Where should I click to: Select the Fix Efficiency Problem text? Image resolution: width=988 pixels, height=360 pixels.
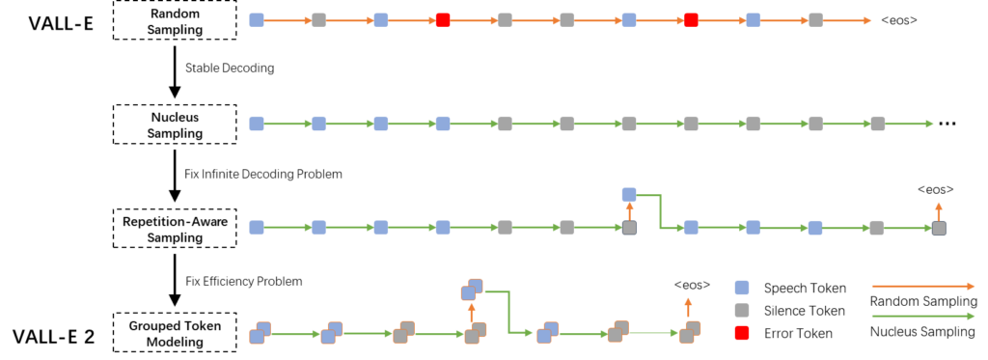pos(243,281)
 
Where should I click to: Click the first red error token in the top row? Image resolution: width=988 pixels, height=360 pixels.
pos(443,19)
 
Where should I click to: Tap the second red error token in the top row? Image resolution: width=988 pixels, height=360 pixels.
pos(691,19)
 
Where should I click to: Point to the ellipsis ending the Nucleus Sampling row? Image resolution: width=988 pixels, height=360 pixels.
pos(946,125)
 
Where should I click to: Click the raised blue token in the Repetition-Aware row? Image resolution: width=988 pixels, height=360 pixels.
pos(629,195)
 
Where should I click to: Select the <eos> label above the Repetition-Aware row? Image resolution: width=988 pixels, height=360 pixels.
pos(936,189)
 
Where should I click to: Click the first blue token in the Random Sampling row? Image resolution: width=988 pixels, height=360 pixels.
pos(257,19)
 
